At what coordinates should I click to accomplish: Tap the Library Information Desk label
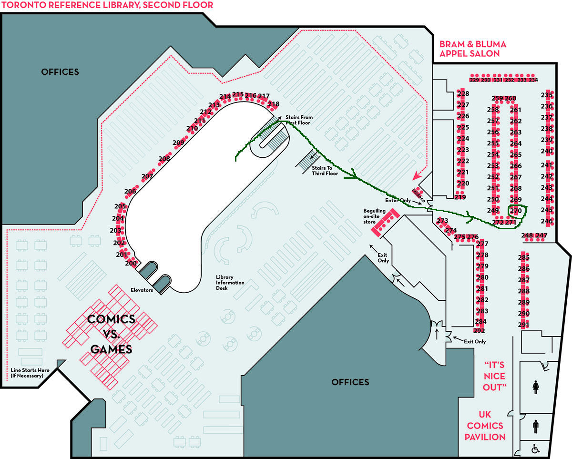pos(230,282)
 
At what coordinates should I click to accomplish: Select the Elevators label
pos(142,290)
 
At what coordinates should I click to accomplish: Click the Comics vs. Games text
pos(111,334)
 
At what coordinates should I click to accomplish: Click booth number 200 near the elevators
pos(131,263)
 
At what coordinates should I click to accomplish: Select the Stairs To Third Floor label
pos(325,171)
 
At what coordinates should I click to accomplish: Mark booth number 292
pos(479,331)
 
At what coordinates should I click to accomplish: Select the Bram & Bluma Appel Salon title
pos(472,49)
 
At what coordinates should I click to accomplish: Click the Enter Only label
pos(398,201)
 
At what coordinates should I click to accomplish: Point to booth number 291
pos(523,325)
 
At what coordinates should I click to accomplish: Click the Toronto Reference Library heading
pos(107,5)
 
